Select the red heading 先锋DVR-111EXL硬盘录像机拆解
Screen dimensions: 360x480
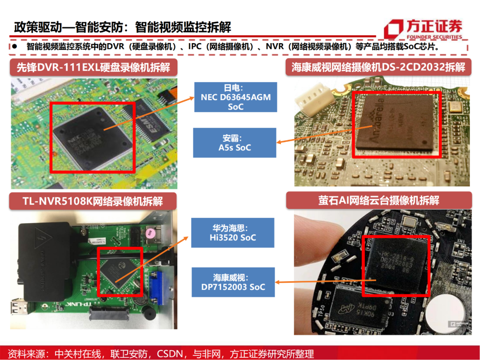93,68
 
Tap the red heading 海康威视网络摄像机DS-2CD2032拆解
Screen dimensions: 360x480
378,68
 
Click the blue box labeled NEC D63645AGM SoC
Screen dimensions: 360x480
236,97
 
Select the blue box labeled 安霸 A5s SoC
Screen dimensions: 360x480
234,142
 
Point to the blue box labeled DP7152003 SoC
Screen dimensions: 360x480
233,282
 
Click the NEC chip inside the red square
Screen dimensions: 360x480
93,136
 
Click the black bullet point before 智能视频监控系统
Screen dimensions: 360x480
15,46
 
